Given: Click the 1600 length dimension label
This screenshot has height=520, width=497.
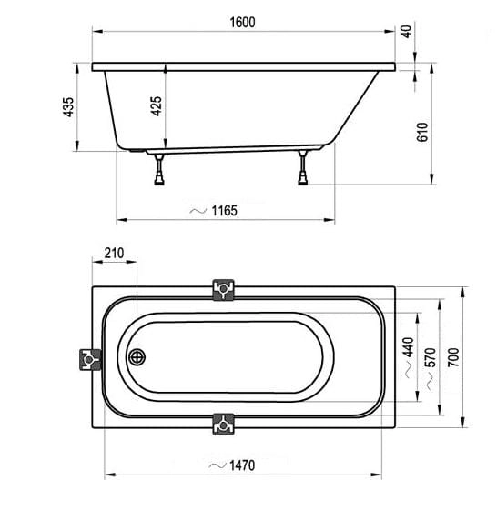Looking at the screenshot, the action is pyautogui.click(x=242, y=22).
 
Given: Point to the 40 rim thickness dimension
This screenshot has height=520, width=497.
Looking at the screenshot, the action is pyautogui.click(x=407, y=32).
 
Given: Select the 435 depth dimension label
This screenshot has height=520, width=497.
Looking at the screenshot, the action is pyautogui.click(x=68, y=106).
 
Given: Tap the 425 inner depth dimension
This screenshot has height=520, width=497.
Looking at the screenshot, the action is pyautogui.click(x=157, y=106).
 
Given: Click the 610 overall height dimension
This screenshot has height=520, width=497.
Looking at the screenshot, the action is pyautogui.click(x=422, y=132).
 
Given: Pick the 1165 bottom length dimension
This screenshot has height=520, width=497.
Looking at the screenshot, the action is pyautogui.click(x=225, y=211).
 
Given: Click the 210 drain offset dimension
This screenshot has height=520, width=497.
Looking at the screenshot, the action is pyautogui.click(x=114, y=253).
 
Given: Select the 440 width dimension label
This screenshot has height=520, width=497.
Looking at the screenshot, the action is pyautogui.click(x=408, y=347).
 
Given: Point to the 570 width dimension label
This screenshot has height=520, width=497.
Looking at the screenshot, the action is pyautogui.click(x=431, y=357).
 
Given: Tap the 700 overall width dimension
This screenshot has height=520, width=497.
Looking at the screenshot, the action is pyautogui.click(x=453, y=357).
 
